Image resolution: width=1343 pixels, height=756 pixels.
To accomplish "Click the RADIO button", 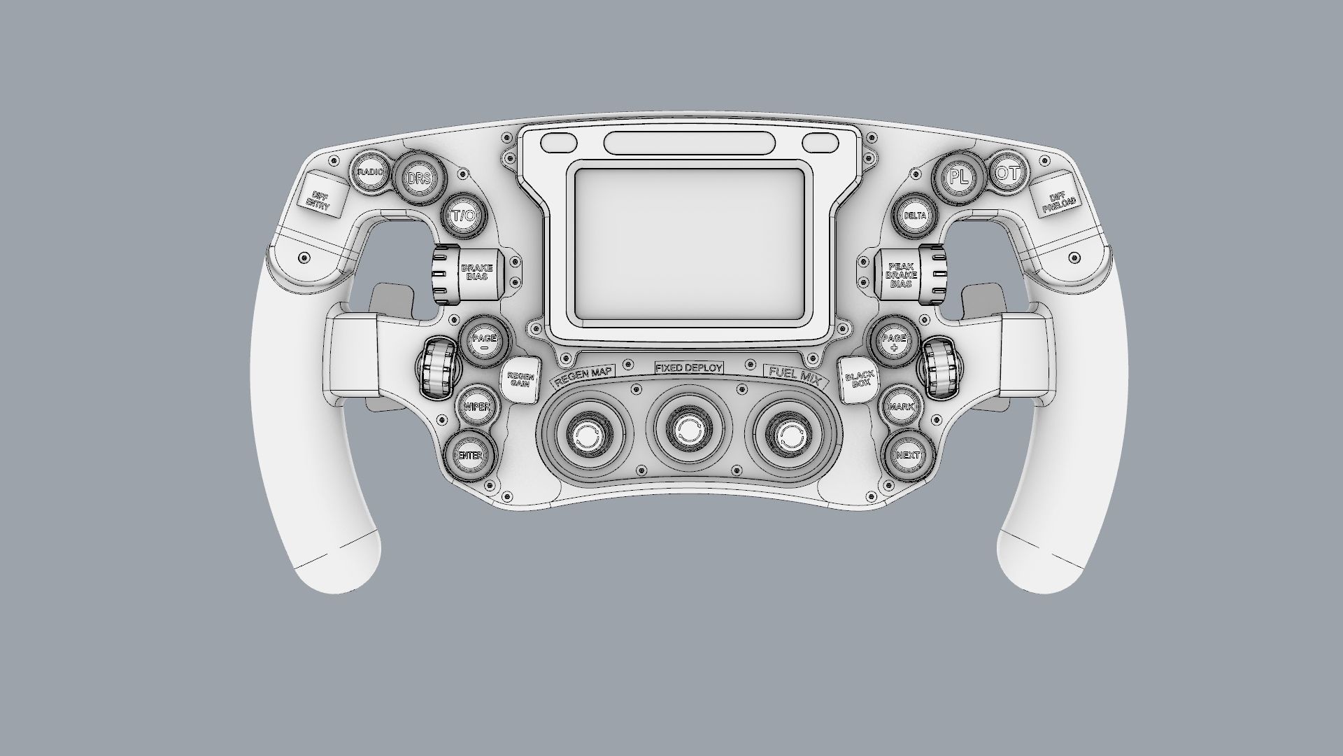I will tap(370, 172).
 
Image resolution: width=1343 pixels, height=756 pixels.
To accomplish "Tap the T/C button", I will tap(462, 216).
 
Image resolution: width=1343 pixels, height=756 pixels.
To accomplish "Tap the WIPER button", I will tap(476, 407).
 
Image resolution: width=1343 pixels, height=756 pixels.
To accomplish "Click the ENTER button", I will tap(470, 455).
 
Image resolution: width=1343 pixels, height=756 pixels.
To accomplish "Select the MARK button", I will tap(902, 407).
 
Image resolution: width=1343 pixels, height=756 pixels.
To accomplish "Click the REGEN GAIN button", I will tap(521, 381).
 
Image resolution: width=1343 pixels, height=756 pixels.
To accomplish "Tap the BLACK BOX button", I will tap(858, 379).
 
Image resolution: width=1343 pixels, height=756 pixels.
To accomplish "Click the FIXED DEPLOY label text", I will tap(688, 367).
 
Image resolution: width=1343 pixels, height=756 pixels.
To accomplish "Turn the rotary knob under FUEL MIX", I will tap(790, 435).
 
